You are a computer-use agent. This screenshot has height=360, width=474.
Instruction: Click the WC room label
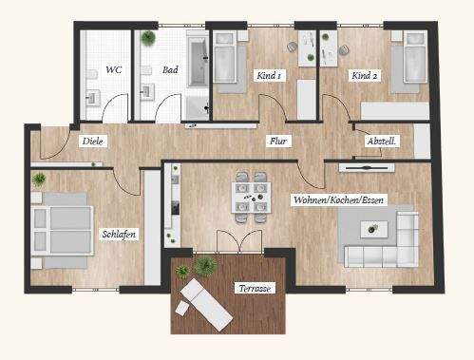(114, 69)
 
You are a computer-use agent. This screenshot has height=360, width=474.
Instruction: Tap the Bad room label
(170, 69)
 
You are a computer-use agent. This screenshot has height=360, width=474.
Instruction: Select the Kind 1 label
(268, 74)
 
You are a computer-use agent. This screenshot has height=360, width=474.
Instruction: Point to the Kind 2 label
(366, 74)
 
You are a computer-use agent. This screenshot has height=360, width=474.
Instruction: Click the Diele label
(92, 141)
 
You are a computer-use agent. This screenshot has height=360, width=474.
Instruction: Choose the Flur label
(278, 142)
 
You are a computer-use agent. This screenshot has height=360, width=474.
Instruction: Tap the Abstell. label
(382, 142)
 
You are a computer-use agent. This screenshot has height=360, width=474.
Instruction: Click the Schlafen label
(119, 233)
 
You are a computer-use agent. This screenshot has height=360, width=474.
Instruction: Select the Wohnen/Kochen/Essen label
(339, 200)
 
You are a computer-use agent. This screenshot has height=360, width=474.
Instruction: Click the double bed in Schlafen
(63, 225)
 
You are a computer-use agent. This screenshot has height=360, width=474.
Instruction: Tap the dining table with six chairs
(249, 198)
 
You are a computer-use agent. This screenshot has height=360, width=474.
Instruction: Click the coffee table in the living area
(372, 228)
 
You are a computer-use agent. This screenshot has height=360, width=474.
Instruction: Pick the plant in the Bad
(149, 39)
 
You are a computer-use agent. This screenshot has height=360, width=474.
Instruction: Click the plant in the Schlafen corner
(40, 180)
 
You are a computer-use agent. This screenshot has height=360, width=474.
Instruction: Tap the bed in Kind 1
(226, 59)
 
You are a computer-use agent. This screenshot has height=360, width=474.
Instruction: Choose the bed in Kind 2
(414, 60)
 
